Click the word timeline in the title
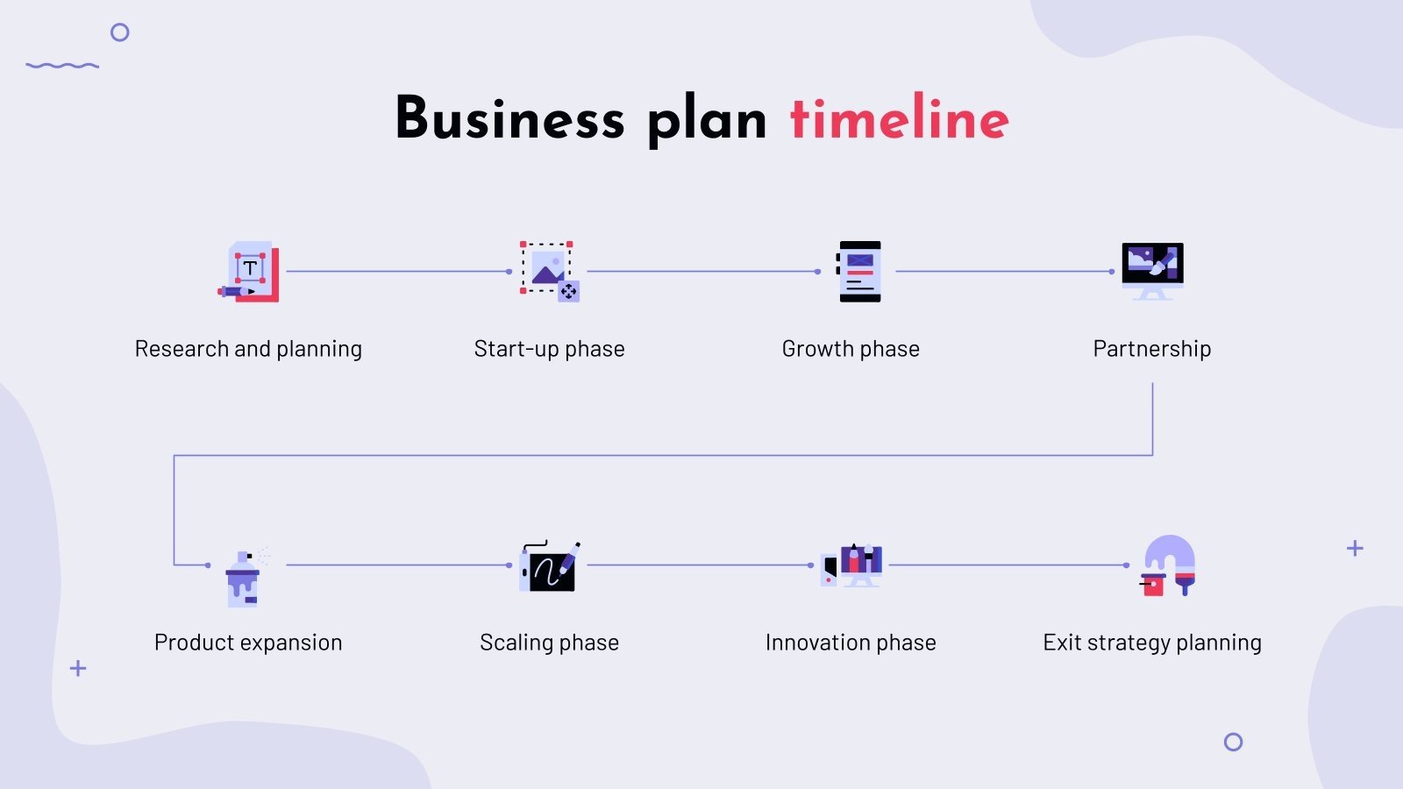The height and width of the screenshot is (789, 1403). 899,118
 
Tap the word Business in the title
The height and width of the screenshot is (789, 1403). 509,118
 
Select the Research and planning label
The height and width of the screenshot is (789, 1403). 248,349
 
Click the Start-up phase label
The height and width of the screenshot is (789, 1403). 549,349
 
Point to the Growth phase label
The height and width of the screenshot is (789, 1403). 851,349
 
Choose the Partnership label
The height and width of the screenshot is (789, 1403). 1151,349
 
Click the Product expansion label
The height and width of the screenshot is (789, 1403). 248,643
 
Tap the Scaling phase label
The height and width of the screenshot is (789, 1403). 549,643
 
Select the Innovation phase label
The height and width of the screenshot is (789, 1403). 851,643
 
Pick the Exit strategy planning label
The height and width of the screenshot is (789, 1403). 1151,643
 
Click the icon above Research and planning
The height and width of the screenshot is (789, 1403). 249,272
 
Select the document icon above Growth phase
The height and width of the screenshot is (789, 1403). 858,272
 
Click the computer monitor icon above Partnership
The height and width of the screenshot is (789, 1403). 1152,270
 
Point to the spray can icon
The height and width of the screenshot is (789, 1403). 244,579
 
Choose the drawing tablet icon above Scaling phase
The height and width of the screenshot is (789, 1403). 549,566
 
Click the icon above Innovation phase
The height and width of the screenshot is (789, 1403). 851,565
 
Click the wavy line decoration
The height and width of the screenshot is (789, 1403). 62,65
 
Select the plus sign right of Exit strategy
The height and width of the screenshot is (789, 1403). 1355,549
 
